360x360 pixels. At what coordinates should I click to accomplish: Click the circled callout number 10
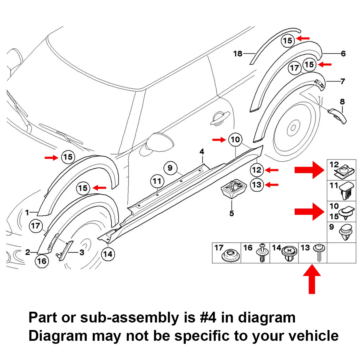(235, 139)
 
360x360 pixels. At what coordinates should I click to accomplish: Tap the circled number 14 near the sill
(108, 254)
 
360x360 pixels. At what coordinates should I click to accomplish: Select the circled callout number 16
(42, 261)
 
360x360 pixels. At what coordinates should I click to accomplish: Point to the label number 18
(238, 54)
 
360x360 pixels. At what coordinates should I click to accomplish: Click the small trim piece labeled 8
(337, 115)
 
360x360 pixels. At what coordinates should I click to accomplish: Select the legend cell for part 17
(226, 253)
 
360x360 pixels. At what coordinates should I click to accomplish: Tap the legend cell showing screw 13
(313, 253)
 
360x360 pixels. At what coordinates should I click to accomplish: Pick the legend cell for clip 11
(341, 190)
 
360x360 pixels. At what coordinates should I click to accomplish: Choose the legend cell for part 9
(341, 232)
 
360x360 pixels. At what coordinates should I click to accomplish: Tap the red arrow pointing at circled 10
(219, 139)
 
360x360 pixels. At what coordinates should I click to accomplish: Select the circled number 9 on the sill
(170, 168)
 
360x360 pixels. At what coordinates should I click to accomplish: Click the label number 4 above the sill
(202, 152)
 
